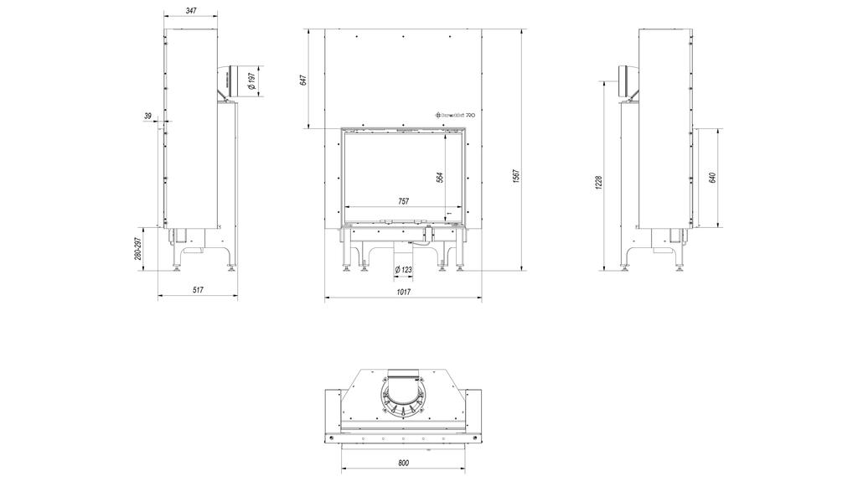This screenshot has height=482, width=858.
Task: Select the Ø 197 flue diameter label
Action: tap(251, 81)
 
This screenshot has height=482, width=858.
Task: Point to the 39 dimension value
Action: tap(148, 116)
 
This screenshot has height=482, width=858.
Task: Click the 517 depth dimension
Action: tap(198, 290)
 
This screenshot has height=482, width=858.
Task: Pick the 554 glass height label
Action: tap(440, 177)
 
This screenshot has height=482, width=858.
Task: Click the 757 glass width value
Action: tap(403, 201)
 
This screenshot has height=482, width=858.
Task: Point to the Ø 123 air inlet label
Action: tap(403, 269)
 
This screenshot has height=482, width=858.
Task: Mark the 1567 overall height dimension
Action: tap(517, 178)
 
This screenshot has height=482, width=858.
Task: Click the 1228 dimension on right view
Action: tap(598, 182)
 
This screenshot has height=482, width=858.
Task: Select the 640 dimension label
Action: tap(712, 178)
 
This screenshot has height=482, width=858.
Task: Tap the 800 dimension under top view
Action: tap(403, 463)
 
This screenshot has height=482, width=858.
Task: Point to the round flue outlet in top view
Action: tap(403, 398)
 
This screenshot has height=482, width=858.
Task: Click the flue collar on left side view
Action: tap(232, 81)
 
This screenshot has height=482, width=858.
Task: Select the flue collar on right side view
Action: tap(624, 81)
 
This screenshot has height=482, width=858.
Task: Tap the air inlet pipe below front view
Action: tap(403, 252)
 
